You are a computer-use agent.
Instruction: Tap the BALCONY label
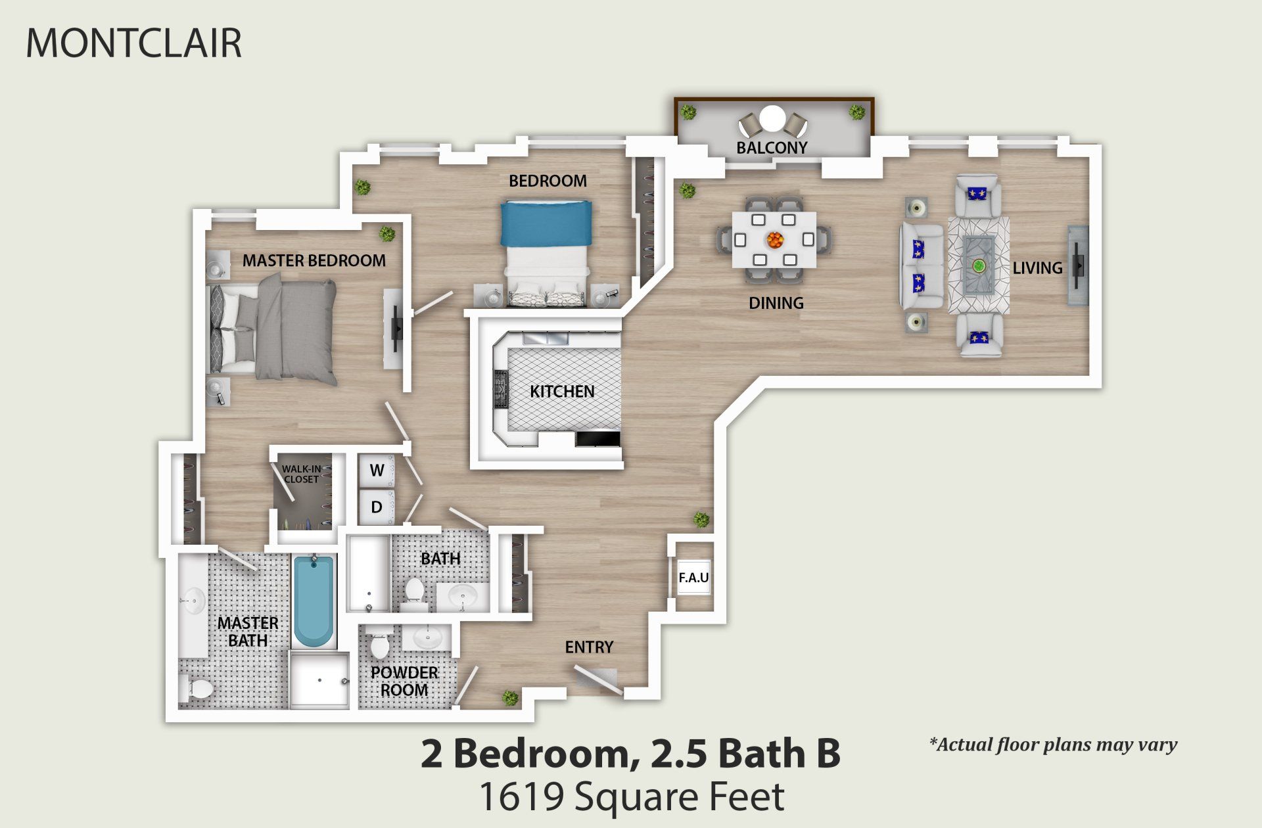(x=772, y=148)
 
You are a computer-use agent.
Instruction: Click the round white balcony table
(x=772, y=120)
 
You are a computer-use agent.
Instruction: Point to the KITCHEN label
(x=562, y=392)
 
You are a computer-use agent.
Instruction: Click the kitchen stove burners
(x=502, y=388)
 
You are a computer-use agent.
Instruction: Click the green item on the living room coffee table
(x=979, y=266)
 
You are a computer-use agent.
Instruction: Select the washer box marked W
(x=377, y=471)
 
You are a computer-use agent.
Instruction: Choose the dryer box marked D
(x=377, y=507)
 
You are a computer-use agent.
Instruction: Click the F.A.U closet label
(x=693, y=578)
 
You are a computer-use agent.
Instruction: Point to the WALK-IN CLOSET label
(x=301, y=474)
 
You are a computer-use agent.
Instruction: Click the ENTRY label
(x=589, y=647)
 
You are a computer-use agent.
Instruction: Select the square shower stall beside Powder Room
(x=319, y=680)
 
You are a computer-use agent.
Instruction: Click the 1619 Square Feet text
(x=631, y=797)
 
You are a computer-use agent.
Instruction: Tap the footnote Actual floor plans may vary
(x=1053, y=745)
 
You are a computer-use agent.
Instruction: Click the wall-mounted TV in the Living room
(x=1078, y=265)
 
